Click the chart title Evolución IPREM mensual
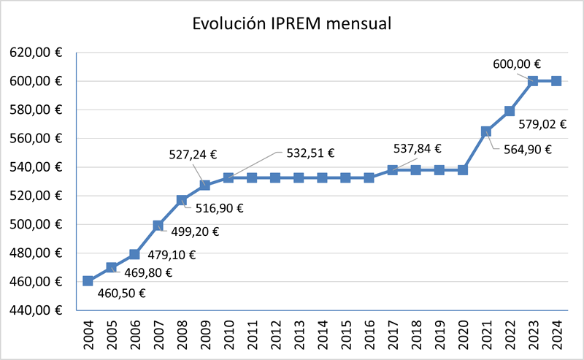[x=292, y=23]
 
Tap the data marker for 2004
[x=88, y=281]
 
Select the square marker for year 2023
[x=533, y=81]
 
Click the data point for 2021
[x=486, y=131]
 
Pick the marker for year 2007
[x=158, y=226]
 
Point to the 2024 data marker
[x=556, y=81]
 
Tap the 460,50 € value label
[x=121, y=294]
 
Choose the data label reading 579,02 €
[x=542, y=124]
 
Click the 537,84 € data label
[x=417, y=149]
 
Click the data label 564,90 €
[x=526, y=150]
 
